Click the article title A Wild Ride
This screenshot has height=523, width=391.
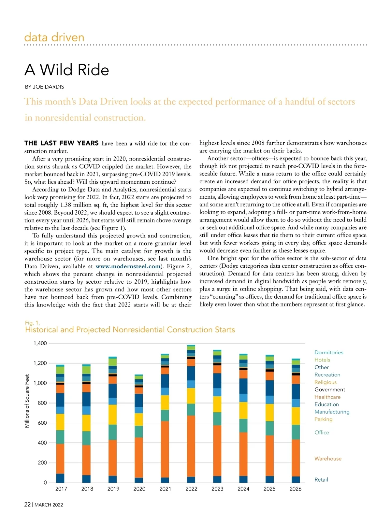(67, 70)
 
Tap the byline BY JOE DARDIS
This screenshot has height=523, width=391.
(44, 87)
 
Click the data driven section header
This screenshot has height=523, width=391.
(54, 37)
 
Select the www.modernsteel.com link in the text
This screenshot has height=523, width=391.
(128, 266)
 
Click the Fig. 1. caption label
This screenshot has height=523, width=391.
(32, 323)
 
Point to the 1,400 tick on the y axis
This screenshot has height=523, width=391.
(40, 343)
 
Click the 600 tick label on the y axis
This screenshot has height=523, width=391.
(42, 423)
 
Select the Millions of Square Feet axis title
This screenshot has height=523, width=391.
(27, 401)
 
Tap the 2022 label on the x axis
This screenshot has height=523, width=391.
(191, 489)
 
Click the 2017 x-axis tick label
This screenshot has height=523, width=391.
(61, 489)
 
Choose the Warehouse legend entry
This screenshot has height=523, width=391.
(328, 459)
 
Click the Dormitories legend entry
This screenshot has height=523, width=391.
(329, 352)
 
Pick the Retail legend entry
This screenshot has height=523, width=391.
(321, 480)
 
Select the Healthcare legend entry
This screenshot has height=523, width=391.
(327, 397)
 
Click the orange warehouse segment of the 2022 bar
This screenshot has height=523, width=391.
(191, 446)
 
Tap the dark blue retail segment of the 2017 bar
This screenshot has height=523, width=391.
(60, 478)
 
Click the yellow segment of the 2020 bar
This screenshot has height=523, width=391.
(139, 419)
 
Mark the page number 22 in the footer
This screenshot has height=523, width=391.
(27, 504)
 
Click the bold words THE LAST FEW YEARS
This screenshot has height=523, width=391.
(61, 143)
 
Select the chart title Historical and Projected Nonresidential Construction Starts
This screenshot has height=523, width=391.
(130, 330)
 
